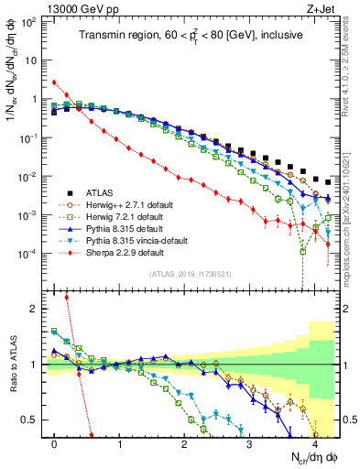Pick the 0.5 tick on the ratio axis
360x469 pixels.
(x=34, y=420)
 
